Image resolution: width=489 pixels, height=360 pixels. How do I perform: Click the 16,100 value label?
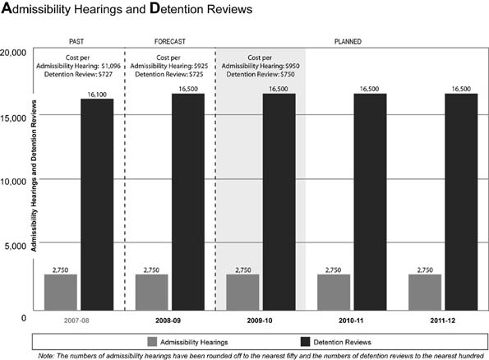(x=96, y=93)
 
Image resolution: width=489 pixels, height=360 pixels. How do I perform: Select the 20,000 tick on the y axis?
(x=16, y=52)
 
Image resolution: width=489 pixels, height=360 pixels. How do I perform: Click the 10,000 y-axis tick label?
(x=16, y=179)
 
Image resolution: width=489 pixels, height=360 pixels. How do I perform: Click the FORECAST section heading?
(x=170, y=40)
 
